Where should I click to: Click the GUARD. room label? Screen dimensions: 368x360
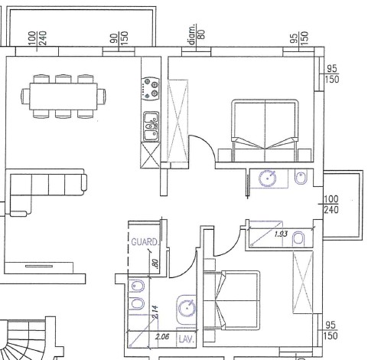[145, 242]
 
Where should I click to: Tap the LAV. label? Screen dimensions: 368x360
[187, 339]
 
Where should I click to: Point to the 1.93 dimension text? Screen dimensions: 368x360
[281, 234]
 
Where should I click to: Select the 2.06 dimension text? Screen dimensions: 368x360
[162, 337]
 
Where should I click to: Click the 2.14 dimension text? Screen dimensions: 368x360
[155, 312]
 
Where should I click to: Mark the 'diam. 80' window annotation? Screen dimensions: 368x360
[196, 34]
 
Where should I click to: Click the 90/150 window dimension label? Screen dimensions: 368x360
[119, 38]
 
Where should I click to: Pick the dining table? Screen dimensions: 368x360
[64, 97]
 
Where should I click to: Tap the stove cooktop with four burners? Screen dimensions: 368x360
[151, 89]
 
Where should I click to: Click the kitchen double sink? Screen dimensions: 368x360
[151, 126]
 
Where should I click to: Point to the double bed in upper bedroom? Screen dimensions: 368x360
[265, 130]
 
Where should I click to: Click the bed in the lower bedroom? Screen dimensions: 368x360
[232, 300]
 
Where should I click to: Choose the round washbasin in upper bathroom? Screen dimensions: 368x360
[268, 178]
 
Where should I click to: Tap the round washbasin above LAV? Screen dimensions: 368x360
[187, 308]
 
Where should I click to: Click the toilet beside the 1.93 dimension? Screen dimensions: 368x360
[298, 238]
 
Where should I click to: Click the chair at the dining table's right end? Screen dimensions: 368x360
[101, 97]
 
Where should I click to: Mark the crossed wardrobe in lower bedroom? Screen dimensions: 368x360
[303, 282]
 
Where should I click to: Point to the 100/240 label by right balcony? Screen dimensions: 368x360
[331, 205]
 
